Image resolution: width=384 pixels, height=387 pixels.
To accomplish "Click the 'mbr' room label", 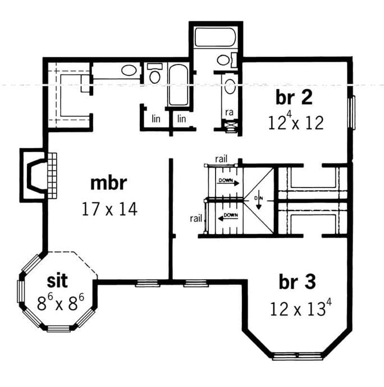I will point(109,184).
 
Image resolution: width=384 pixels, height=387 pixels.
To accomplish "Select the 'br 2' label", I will point(293,97).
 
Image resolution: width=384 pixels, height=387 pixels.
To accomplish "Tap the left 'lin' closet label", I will point(157,119).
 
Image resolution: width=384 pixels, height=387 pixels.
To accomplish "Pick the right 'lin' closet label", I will point(181,119).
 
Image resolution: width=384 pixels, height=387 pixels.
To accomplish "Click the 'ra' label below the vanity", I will point(229,112).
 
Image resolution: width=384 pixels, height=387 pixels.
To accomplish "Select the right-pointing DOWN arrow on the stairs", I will point(229,183).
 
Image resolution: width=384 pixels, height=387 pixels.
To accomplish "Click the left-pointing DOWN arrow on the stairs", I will point(229,216).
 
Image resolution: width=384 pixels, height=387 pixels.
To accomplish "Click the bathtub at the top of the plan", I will point(216,38).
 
